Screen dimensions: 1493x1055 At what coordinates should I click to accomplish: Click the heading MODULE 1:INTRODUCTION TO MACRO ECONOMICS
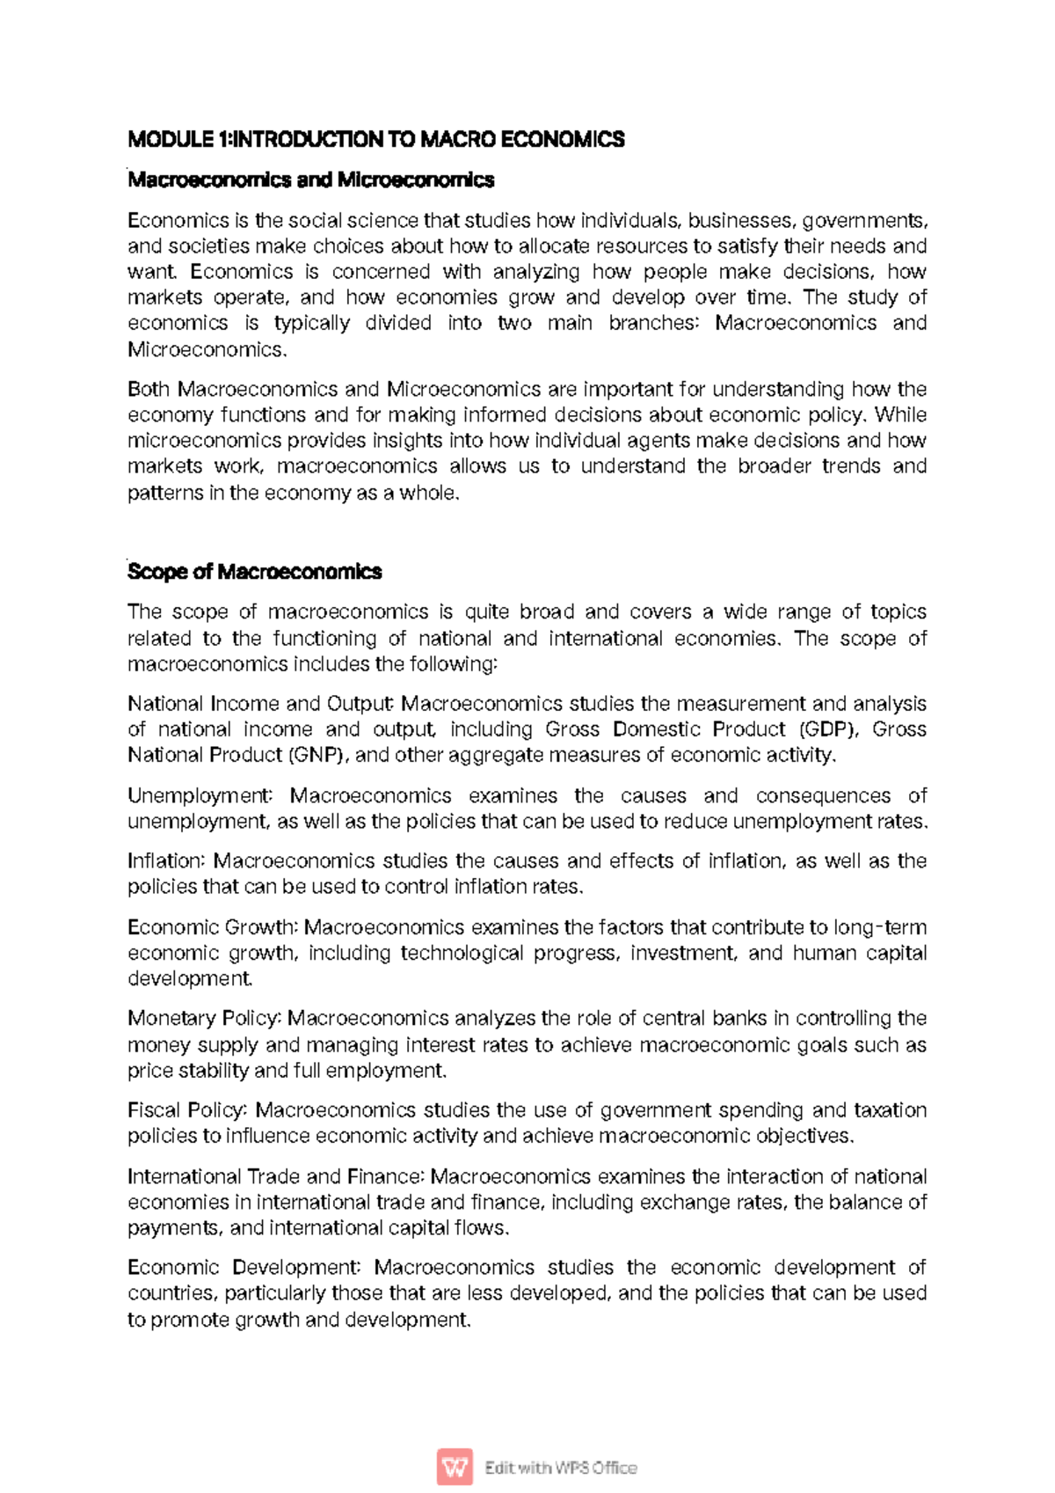point(375,139)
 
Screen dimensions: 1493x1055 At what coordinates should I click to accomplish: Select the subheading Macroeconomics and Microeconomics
point(310,180)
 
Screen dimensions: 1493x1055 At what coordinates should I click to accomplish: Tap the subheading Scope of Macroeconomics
point(254,572)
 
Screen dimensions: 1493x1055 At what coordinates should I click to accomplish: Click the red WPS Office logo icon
point(455,1467)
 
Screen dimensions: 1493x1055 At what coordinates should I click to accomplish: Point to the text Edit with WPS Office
point(560,1467)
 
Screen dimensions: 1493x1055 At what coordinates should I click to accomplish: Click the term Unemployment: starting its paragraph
point(200,795)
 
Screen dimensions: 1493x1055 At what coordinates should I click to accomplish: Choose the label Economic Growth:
point(213,927)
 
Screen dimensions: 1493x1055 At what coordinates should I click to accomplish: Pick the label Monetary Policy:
point(204,1018)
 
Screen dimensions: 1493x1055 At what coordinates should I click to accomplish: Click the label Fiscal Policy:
point(187,1110)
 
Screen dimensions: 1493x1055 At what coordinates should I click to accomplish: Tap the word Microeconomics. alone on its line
point(207,349)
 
